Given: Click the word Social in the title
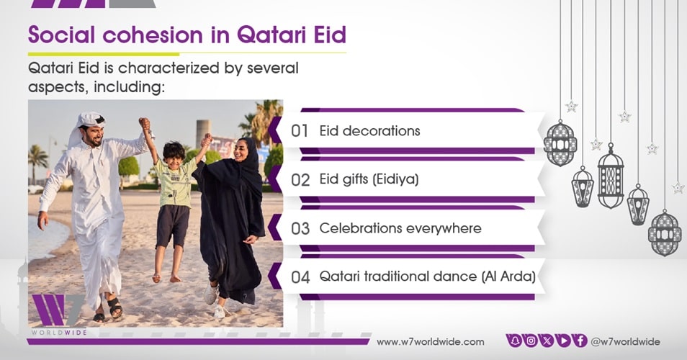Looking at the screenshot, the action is click(61, 35).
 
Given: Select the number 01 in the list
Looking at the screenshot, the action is click(300, 131).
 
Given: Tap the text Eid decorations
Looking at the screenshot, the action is click(370, 130).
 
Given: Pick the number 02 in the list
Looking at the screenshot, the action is click(300, 179).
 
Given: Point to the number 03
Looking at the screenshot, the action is click(300, 228).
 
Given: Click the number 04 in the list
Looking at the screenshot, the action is click(300, 276).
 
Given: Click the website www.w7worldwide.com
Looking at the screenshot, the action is click(430, 342).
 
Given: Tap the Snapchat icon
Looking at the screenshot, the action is click(514, 341).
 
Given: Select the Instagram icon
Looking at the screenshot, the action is click(531, 341).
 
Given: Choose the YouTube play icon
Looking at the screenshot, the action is click(563, 341).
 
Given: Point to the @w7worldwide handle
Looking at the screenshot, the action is click(625, 341).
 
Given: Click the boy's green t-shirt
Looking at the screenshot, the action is click(174, 183).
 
